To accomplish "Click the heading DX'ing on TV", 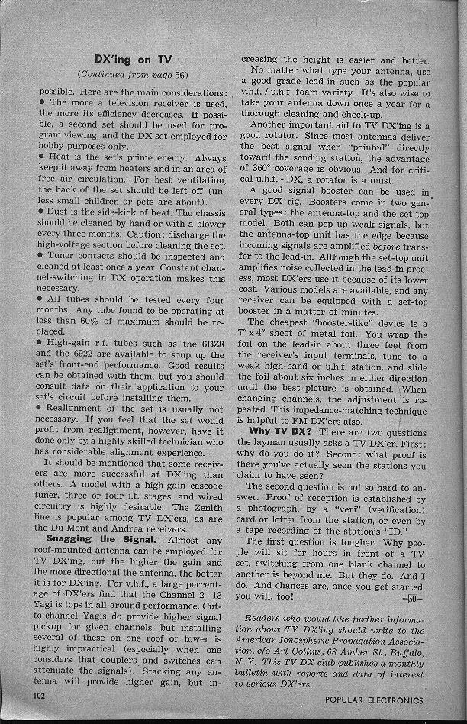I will (133, 59).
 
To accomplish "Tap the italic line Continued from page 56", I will (133, 75).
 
